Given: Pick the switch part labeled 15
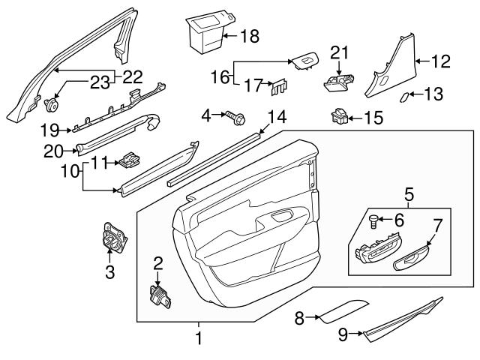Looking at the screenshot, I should click(339, 116).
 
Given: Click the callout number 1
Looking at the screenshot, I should click(199, 339).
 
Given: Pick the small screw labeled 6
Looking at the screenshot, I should click(373, 220).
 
